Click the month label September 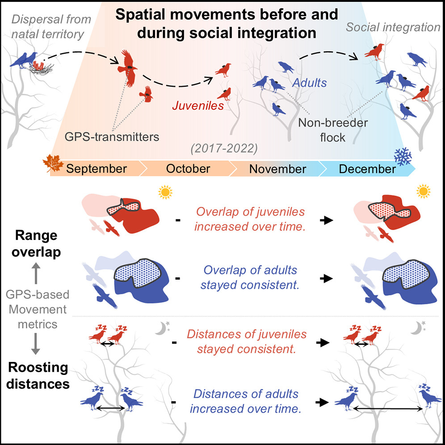pos(96,169)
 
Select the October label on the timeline pos(188,169)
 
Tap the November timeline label pos(277,169)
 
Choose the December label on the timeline pos(367,169)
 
